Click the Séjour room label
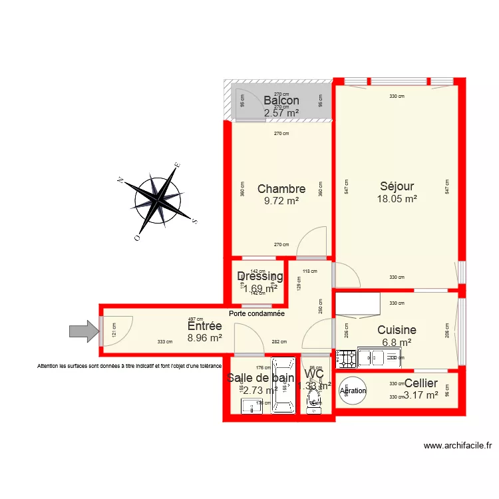(397, 186)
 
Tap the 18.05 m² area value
(397, 199)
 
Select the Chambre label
(281, 189)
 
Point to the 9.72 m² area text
(281, 200)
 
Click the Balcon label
(281, 100)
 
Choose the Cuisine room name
(397, 330)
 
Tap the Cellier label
(421, 383)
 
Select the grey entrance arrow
(83, 331)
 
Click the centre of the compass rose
(158, 198)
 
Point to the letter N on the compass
(120, 180)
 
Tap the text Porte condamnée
(256, 313)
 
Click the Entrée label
(204, 326)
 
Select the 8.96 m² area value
(204, 338)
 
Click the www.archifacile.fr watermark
(458, 446)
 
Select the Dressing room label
(260, 277)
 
